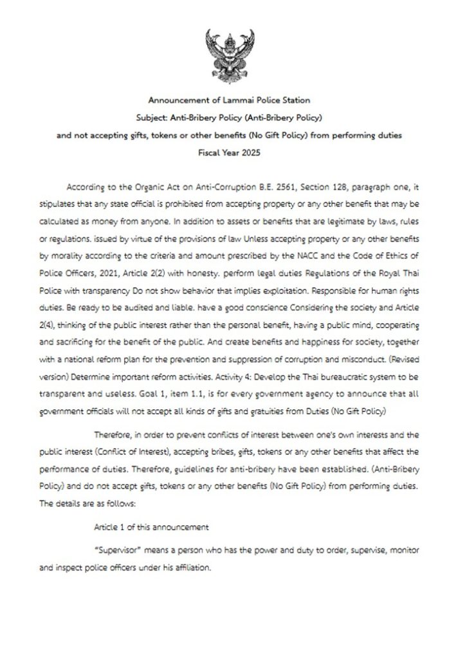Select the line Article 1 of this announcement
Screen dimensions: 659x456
(151, 527)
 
